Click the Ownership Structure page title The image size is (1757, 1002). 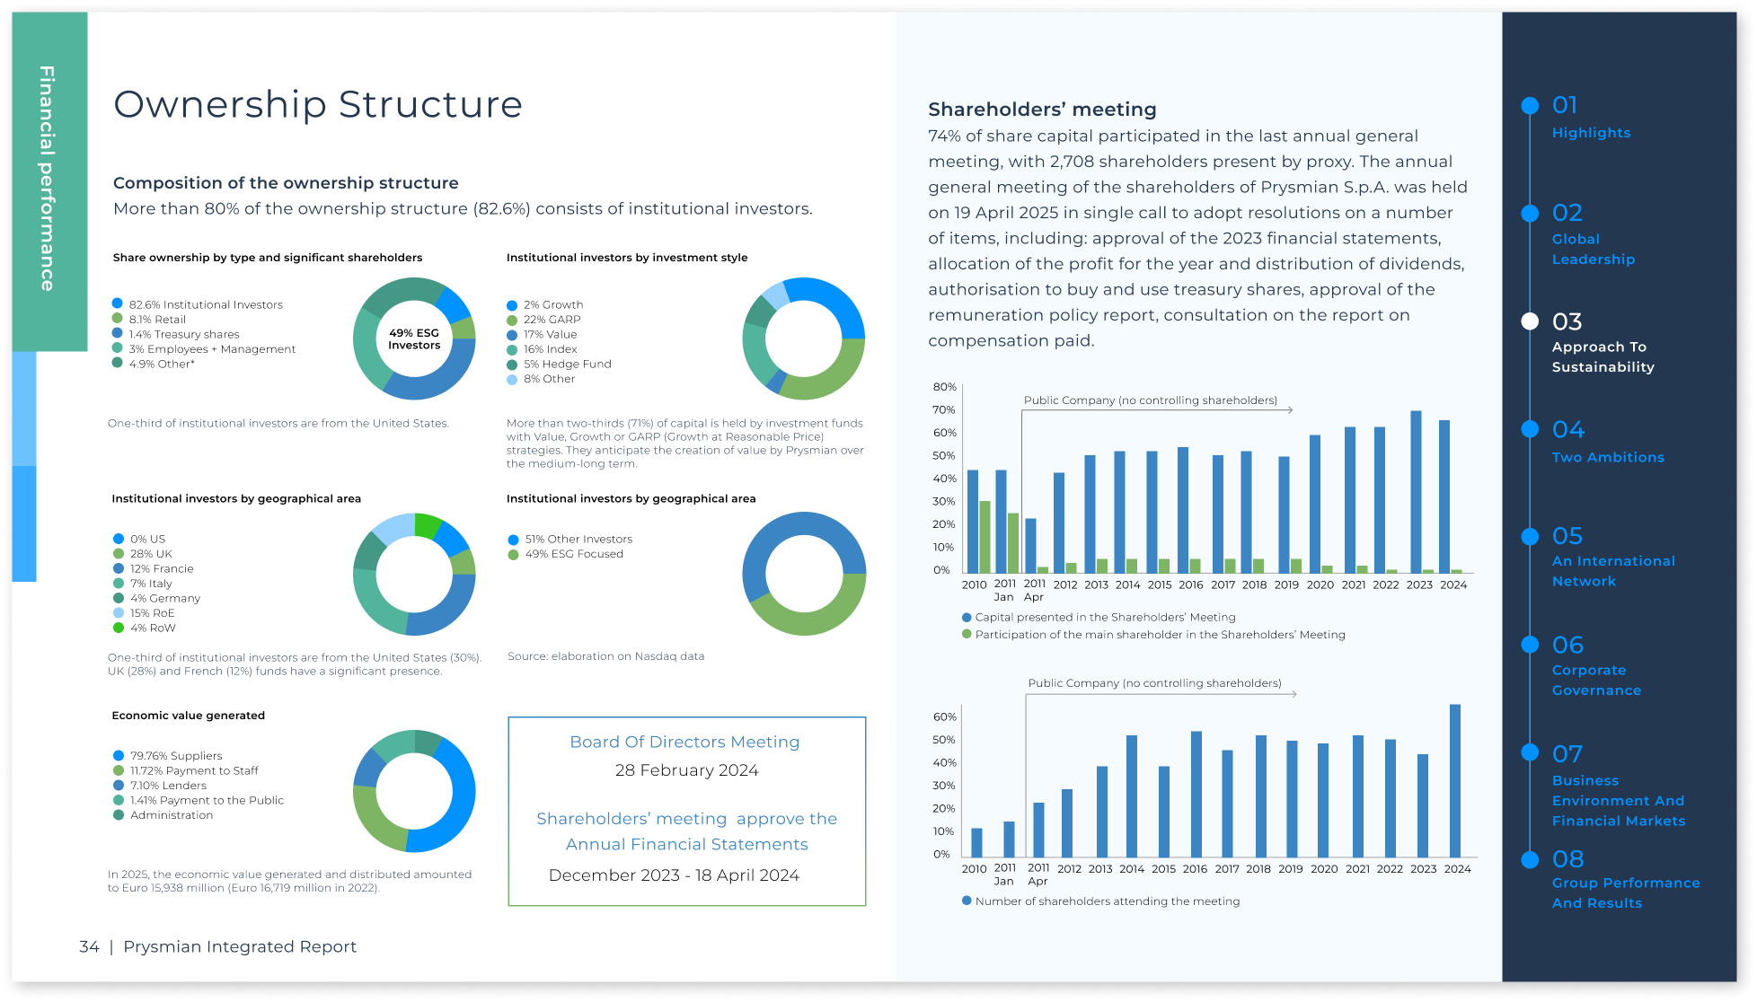click(318, 104)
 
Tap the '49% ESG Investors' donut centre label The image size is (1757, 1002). click(414, 339)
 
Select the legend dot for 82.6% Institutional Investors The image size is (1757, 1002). click(117, 303)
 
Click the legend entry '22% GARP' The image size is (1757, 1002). click(552, 320)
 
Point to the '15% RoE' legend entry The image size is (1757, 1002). click(152, 613)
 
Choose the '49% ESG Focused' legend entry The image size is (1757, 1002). click(573, 554)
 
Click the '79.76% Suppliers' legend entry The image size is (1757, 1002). click(175, 756)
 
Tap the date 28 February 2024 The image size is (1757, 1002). click(686, 770)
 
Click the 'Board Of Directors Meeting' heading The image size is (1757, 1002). click(684, 742)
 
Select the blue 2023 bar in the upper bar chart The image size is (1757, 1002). click(1416, 492)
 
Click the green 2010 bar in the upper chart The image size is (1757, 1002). click(984, 537)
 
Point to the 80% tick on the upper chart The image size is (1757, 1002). click(944, 387)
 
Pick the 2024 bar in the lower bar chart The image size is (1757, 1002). click(1455, 780)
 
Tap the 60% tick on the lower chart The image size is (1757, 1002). click(944, 716)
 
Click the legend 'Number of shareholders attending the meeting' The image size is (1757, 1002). click(1107, 901)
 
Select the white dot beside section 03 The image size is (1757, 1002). click(1530, 321)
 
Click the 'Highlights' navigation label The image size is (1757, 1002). click(1591, 133)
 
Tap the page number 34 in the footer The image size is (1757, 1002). click(89, 946)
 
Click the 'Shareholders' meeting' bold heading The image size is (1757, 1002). click(1042, 110)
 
